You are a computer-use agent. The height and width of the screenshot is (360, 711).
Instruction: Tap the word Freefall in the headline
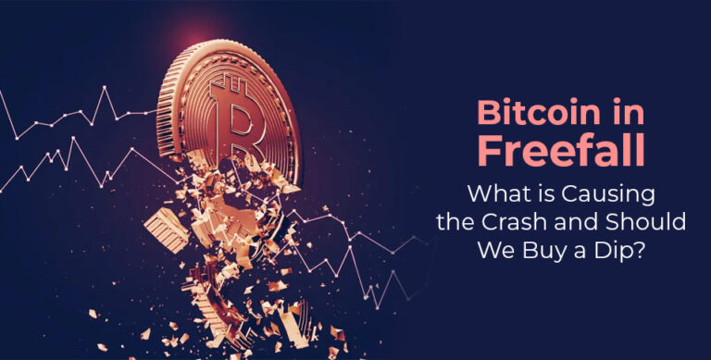565,152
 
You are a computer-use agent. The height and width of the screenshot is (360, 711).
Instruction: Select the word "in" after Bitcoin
632,115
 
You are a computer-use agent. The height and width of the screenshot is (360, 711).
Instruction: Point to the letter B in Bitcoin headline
487,115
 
